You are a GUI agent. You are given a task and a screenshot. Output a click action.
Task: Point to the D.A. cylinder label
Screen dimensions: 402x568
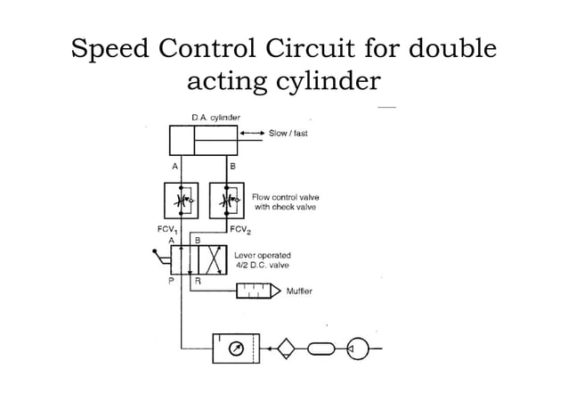coord(215,117)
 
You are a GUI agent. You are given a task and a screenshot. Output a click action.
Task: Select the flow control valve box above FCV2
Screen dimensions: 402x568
coord(227,201)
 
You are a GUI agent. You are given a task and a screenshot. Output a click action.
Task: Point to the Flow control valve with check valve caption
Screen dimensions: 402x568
coord(285,201)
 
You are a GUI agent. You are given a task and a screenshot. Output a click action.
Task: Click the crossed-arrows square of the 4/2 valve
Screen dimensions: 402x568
coord(211,260)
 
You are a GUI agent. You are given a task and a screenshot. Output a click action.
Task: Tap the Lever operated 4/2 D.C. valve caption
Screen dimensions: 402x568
coord(262,260)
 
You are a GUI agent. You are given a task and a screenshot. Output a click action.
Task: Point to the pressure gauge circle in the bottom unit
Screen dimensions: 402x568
coord(233,348)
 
